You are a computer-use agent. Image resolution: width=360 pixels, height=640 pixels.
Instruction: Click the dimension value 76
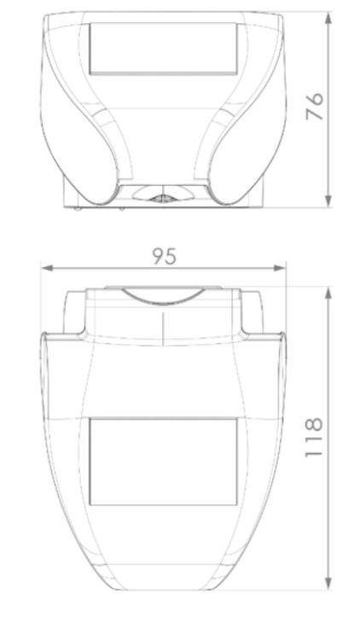[315, 107]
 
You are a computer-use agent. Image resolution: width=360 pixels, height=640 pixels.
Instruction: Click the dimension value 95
[165, 256]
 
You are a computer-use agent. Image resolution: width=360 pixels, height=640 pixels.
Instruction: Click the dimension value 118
[314, 437]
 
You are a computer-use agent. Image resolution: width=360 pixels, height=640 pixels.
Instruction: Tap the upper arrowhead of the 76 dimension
[328, 19]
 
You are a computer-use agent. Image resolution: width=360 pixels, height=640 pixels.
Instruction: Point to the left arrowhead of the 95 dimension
[47, 268]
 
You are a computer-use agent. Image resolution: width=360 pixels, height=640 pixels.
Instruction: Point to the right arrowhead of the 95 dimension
[280, 268]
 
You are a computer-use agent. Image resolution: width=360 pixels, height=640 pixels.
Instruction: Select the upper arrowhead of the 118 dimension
[328, 293]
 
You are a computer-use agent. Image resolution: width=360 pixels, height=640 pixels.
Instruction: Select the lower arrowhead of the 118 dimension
[328, 584]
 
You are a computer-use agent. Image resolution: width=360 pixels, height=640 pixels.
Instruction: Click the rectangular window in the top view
[163, 49]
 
